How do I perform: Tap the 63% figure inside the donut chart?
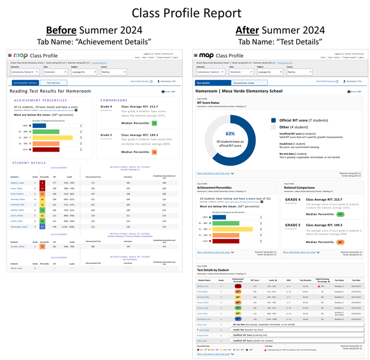pyautogui.click(x=231, y=133)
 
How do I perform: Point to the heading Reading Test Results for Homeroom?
pyautogui.click(x=50, y=91)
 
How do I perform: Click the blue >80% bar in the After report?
pyautogui.click(x=219, y=217)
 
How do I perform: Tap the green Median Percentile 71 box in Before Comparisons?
pyautogui.click(x=154, y=124)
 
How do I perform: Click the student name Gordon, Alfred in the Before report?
pyautogui.click(x=18, y=246)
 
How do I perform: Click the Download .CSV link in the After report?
pyautogui.click(x=352, y=81)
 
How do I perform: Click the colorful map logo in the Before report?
pyautogui.click(x=20, y=56)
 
